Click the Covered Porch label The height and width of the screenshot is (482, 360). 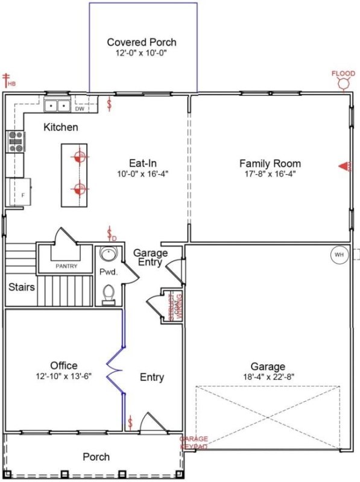click(142, 42)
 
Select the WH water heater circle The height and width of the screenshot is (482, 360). click(339, 255)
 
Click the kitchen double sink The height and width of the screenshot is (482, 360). click(58, 106)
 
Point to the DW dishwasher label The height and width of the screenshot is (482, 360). click(80, 109)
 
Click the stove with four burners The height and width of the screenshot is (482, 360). click(14, 142)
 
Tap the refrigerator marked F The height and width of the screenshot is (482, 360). click(18, 192)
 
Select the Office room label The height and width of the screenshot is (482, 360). click(63, 366)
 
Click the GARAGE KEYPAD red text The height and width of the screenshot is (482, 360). click(194, 443)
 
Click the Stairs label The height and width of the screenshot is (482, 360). click(22, 287)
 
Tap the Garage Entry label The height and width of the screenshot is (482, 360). click(150, 258)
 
